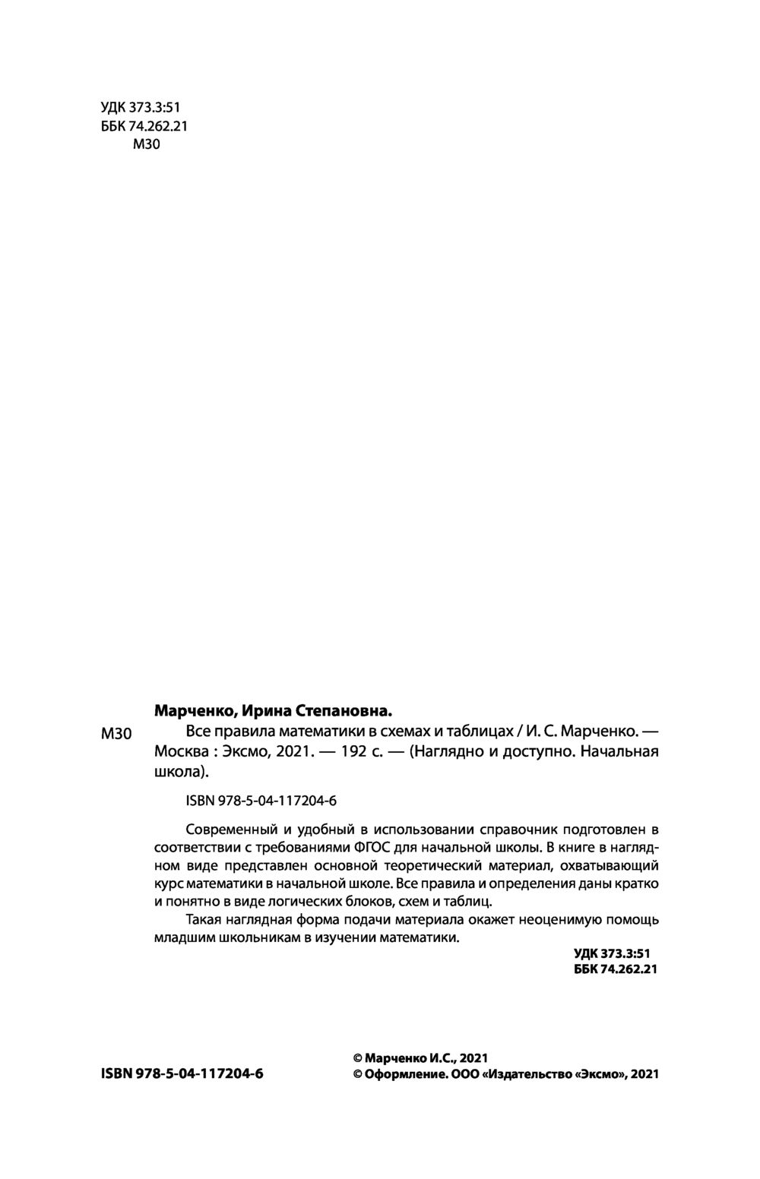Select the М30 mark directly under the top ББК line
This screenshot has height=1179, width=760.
(147, 145)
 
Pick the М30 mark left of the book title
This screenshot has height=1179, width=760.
(116, 734)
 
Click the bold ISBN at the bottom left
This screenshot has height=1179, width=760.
(182, 1074)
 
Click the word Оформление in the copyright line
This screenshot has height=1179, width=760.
(404, 1074)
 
